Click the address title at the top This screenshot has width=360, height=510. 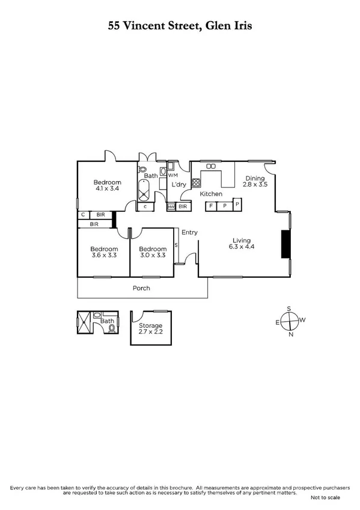180,26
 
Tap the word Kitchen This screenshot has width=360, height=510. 211,194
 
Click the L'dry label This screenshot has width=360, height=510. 179,184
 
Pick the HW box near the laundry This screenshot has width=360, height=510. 171,206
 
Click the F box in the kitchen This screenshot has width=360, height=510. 210,206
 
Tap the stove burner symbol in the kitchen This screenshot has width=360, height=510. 195,183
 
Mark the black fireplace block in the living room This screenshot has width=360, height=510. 285,244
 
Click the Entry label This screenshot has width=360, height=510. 189,232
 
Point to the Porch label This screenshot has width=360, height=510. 142,288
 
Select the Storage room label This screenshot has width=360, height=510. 151,325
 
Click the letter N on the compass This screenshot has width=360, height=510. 291,334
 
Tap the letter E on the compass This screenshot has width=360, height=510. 277,322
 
